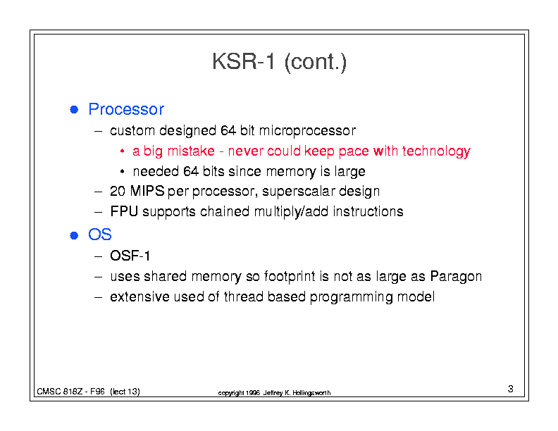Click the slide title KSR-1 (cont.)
click(x=280, y=62)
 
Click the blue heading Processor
click(x=126, y=109)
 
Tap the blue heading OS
click(x=100, y=235)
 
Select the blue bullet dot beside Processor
click(x=74, y=110)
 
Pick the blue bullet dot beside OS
click(x=74, y=235)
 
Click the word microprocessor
click(x=307, y=131)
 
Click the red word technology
click(x=436, y=152)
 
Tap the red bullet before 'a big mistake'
click(x=122, y=151)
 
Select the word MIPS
click(x=147, y=192)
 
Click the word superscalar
click(x=299, y=192)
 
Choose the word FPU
click(x=124, y=211)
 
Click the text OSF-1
click(x=130, y=256)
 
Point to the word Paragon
click(x=456, y=277)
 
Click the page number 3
click(x=511, y=389)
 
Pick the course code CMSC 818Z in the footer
click(x=59, y=392)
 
